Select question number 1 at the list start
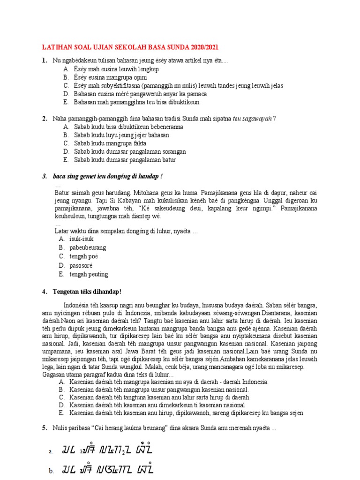click(x=44, y=60)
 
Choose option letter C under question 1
click(x=66, y=86)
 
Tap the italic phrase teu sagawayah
click(x=254, y=119)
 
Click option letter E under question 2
click(x=66, y=160)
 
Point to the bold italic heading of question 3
click(x=109, y=176)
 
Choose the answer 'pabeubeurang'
click(x=88, y=247)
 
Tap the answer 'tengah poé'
click(x=84, y=256)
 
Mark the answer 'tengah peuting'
click(x=89, y=274)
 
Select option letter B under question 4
click(x=61, y=390)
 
